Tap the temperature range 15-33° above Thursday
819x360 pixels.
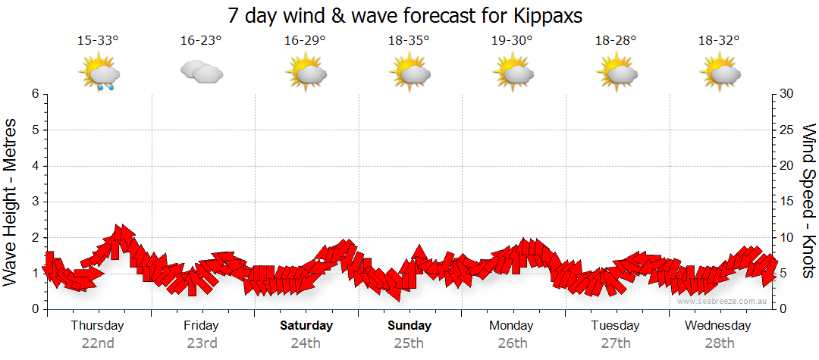[98, 41]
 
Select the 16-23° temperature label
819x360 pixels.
[201, 41]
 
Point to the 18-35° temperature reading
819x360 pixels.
[409, 41]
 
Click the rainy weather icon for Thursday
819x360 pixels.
[99, 74]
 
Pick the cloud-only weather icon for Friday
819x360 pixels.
[202, 73]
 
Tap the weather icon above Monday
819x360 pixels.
[513, 73]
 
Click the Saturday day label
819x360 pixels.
[306, 326]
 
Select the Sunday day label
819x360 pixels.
[409, 326]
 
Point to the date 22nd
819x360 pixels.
[98, 343]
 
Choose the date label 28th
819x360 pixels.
[718, 343]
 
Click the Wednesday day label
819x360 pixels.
[717, 326]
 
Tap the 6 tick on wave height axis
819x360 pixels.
[35, 94]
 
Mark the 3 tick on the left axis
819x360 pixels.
[35, 202]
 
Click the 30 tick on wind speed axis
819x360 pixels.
[787, 94]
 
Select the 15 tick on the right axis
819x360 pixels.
[787, 202]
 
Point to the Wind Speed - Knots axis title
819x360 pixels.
[808, 202]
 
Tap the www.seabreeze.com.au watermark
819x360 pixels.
[723, 301]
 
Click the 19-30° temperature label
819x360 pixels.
[512, 41]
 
